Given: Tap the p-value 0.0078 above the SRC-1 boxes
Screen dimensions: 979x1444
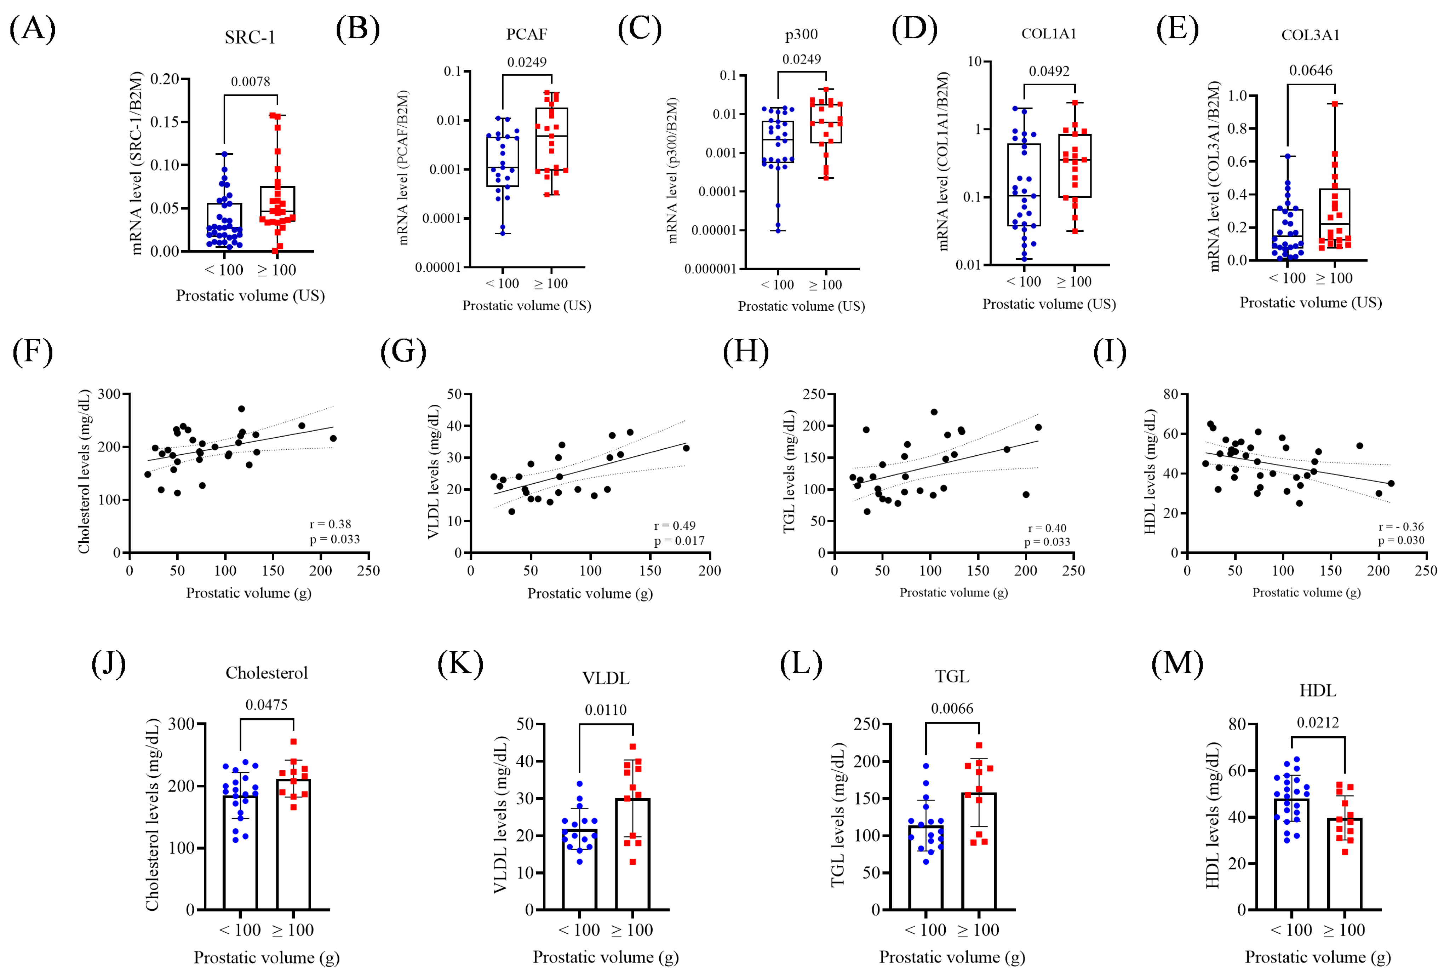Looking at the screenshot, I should coord(251,81).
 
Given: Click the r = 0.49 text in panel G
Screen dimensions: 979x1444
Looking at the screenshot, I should coord(674,525).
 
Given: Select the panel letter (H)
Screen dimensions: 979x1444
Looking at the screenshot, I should coord(746,352).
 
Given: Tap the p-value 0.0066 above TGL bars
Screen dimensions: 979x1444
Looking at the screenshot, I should coord(952,708).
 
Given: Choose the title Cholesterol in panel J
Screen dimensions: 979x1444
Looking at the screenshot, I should coord(267,673).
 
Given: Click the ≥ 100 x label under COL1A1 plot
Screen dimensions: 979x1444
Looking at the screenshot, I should coord(1074,281).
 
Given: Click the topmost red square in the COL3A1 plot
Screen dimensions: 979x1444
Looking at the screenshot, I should coord(1334,104).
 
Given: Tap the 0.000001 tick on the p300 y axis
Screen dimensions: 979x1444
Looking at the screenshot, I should coord(710,269).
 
